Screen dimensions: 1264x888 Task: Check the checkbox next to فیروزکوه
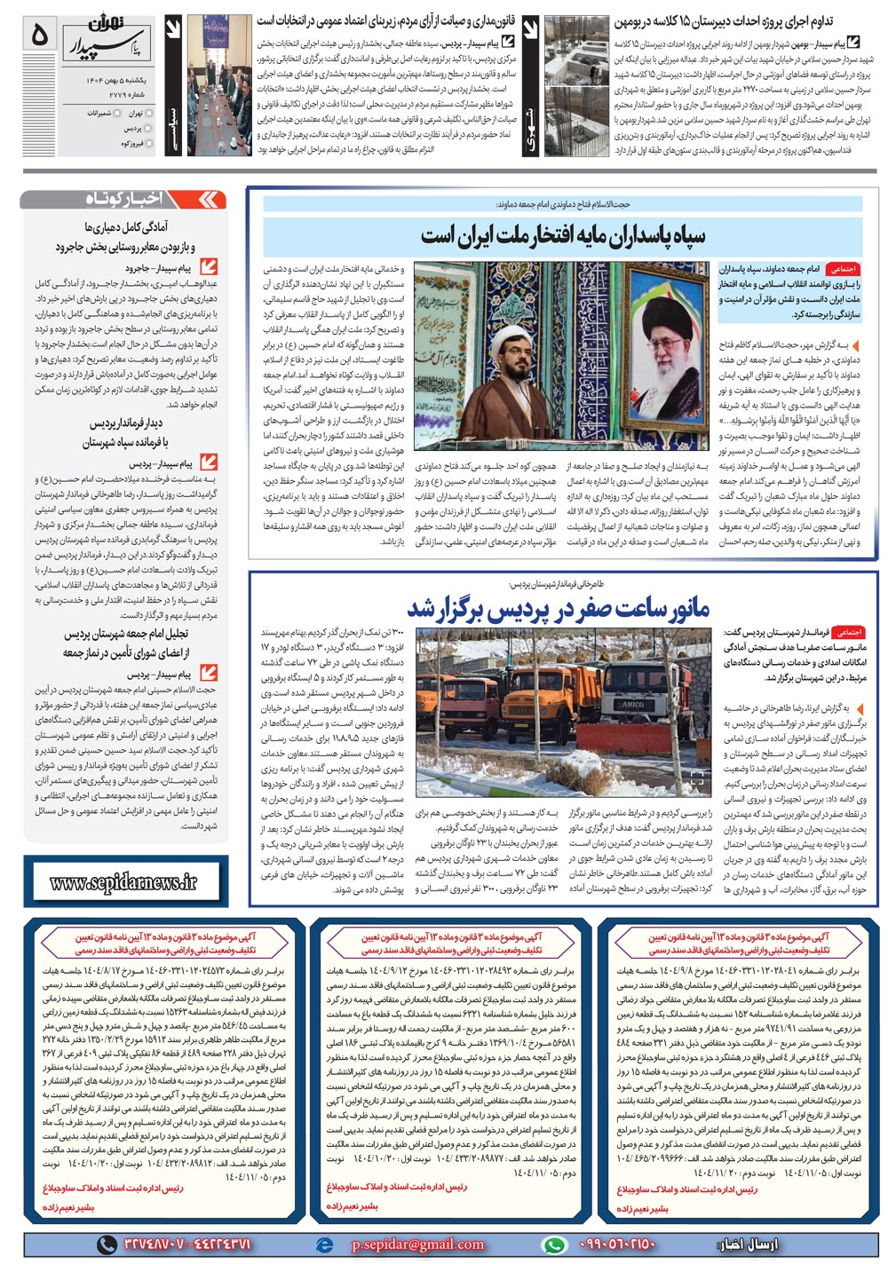(x=149, y=143)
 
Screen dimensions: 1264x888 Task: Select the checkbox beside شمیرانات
(x=116, y=114)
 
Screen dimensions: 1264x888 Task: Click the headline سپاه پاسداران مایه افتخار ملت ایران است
(x=563, y=236)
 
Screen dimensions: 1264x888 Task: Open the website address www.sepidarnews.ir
(x=124, y=881)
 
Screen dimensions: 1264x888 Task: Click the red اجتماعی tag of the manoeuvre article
(x=848, y=632)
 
